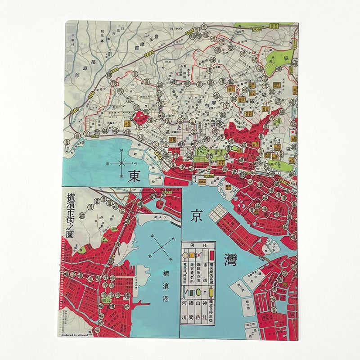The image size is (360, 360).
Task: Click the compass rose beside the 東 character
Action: pos(122,163)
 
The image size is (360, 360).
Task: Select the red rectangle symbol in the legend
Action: pos(211,256)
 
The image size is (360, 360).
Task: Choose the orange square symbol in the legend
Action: pos(185,256)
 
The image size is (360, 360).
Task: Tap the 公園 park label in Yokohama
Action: pos(107,297)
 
